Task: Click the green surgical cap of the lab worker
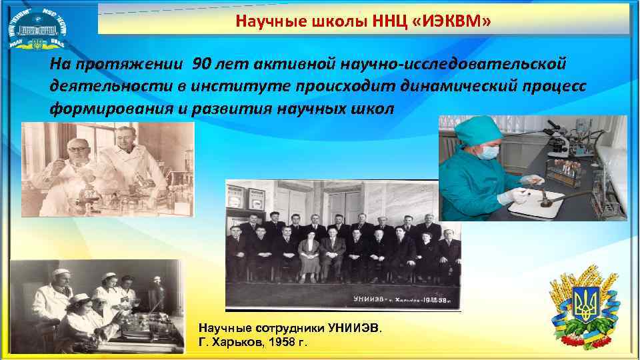pyautogui.click(x=479, y=129)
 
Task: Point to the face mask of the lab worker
pyautogui.click(x=489, y=151)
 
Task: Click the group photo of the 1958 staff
pyautogui.click(x=343, y=245)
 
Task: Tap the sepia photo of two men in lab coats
pyautogui.click(x=108, y=169)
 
